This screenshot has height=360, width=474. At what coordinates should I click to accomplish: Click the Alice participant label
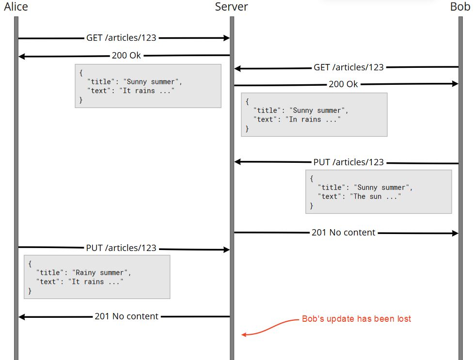point(16,6)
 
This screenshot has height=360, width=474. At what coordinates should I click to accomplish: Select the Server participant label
point(231,6)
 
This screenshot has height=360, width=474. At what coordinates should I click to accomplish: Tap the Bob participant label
point(459,6)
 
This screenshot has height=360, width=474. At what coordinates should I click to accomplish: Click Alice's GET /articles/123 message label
point(121,37)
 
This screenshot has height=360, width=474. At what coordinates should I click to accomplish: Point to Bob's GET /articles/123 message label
point(348,67)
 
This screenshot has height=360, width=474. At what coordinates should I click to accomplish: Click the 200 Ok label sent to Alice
point(126,55)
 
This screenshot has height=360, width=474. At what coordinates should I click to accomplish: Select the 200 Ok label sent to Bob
point(343,84)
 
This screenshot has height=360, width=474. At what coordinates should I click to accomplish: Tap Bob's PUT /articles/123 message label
point(348,162)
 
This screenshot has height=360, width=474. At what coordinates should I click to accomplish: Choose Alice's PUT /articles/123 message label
point(121,248)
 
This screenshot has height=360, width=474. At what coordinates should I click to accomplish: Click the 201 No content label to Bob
point(343,233)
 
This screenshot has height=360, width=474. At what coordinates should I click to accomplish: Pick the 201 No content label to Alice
point(126,316)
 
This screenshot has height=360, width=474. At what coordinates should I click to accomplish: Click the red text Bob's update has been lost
point(356,319)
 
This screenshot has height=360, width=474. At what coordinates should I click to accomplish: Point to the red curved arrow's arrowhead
point(244,334)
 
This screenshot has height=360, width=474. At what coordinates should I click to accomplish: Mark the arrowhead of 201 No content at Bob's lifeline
point(455,234)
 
